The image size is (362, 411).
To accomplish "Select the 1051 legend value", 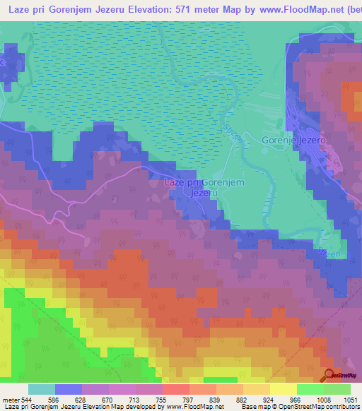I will pos(350,399).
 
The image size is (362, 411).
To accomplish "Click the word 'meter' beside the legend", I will pos(11,399).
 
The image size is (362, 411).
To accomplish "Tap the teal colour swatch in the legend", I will pos(41,389).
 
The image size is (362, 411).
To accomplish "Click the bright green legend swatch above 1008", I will pos(310,389).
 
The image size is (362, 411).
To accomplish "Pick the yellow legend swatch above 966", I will pos(283,389).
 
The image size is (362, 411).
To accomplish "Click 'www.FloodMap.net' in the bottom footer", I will pos(193,407).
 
